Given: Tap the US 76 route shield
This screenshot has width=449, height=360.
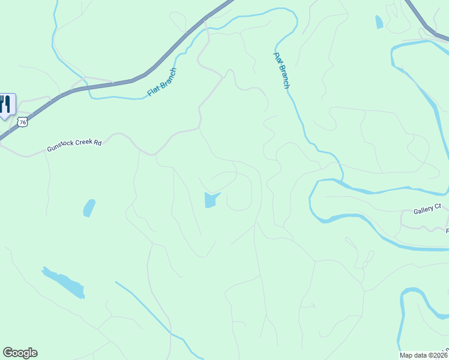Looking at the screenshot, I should point(23,122).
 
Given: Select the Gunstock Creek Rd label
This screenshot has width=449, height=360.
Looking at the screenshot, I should point(75,145).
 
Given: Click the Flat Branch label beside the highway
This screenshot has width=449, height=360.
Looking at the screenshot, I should point(162,83).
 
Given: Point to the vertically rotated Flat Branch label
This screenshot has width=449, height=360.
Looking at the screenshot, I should point(282,70).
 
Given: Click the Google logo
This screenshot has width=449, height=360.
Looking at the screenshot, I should point(20,353).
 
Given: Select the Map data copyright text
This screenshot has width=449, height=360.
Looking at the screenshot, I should point(423,355).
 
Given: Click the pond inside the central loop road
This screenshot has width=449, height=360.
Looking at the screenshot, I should point(211,199).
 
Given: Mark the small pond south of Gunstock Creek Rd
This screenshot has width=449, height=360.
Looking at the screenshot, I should point(89,208).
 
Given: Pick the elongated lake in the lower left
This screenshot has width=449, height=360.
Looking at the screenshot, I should point(64,283).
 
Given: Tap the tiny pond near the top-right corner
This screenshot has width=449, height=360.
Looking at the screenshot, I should point(379,22).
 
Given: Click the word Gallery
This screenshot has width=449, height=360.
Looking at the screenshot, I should point(423,211).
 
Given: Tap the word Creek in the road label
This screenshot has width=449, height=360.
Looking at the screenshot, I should point(85,144).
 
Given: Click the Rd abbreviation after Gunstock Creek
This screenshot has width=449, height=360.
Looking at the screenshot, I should point(98,143).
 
